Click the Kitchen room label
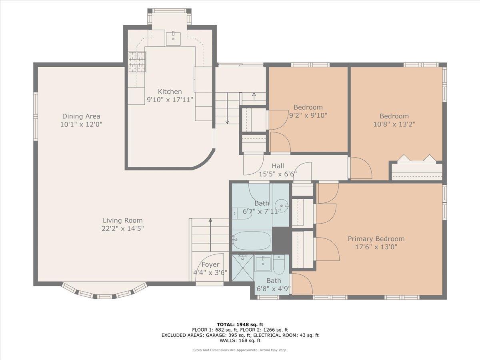click(170, 92)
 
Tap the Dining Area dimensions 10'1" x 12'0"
click(81, 124)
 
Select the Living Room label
click(122, 220)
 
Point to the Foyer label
click(210, 264)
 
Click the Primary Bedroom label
click(376, 239)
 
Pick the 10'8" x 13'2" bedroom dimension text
click(394, 124)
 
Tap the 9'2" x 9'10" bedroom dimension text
click(308, 115)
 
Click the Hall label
click(278, 166)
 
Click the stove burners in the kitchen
click(137, 62)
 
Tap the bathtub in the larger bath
click(252, 240)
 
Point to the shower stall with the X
click(243, 268)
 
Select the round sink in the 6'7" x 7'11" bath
click(282, 205)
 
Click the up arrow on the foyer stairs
click(210, 221)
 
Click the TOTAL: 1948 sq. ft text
click(240, 324)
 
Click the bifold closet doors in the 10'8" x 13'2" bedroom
click(416, 158)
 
